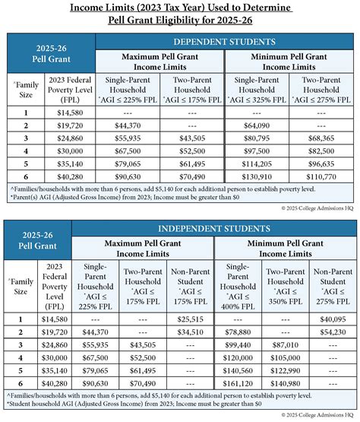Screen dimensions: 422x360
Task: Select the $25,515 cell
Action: click(x=189, y=319)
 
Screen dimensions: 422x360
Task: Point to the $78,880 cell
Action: click(x=238, y=332)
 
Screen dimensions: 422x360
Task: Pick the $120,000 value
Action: click(x=238, y=357)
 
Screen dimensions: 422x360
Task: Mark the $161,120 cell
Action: click(x=238, y=383)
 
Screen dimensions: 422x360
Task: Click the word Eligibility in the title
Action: click(x=198, y=21)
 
